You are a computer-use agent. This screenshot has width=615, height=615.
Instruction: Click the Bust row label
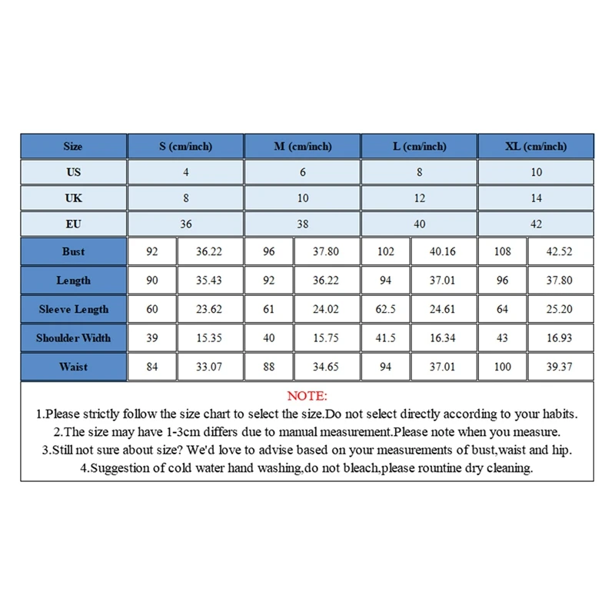[x=74, y=251]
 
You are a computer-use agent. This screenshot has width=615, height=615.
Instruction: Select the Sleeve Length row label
[x=74, y=309]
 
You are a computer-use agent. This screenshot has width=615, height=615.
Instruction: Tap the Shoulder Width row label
[x=74, y=337]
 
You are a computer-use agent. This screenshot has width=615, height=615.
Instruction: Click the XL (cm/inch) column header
[x=536, y=146]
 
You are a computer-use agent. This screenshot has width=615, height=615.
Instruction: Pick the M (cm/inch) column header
[x=302, y=146]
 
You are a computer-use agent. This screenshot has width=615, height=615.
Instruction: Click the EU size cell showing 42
[x=536, y=224]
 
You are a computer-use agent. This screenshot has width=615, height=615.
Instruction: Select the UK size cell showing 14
[x=536, y=198]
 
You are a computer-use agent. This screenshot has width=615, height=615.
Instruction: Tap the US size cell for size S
[x=186, y=172]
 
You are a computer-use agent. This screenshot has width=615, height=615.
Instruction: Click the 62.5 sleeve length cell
[x=385, y=309]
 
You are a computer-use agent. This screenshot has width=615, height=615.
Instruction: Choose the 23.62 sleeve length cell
[x=209, y=309]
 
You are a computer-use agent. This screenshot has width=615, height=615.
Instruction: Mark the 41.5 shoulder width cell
[x=385, y=337]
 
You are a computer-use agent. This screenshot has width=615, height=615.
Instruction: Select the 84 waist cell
[x=152, y=367]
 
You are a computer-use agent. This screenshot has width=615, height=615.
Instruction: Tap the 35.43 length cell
[x=209, y=281]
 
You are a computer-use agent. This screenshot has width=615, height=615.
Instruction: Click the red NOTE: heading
[x=307, y=396]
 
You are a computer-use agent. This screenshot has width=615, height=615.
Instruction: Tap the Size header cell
[x=74, y=146]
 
